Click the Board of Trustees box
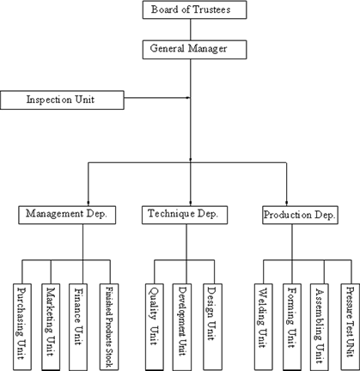(x=195, y=9)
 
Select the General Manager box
(x=195, y=50)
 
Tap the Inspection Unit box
(x=62, y=100)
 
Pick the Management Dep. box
(x=67, y=215)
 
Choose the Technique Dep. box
(x=185, y=215)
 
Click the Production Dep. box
(x=300, y=215)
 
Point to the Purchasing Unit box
(x=22, y=327)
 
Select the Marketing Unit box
(x=51, y=327)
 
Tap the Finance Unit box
(x=78, y=327)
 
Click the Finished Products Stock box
(x=109, y=327)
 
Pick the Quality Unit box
(x=155, y=327)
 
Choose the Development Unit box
(x=182, y=327)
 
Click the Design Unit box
(x=212, y=327)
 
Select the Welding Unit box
(x=264, y=327)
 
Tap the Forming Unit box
(x=292, y=327)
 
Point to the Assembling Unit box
(x=320, y=327)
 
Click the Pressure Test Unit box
(x=350, y=327)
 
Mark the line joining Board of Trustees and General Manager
(x=191, y=30)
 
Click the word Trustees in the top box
(x=211, y=9)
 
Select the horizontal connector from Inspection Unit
(x=157, y=98)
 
